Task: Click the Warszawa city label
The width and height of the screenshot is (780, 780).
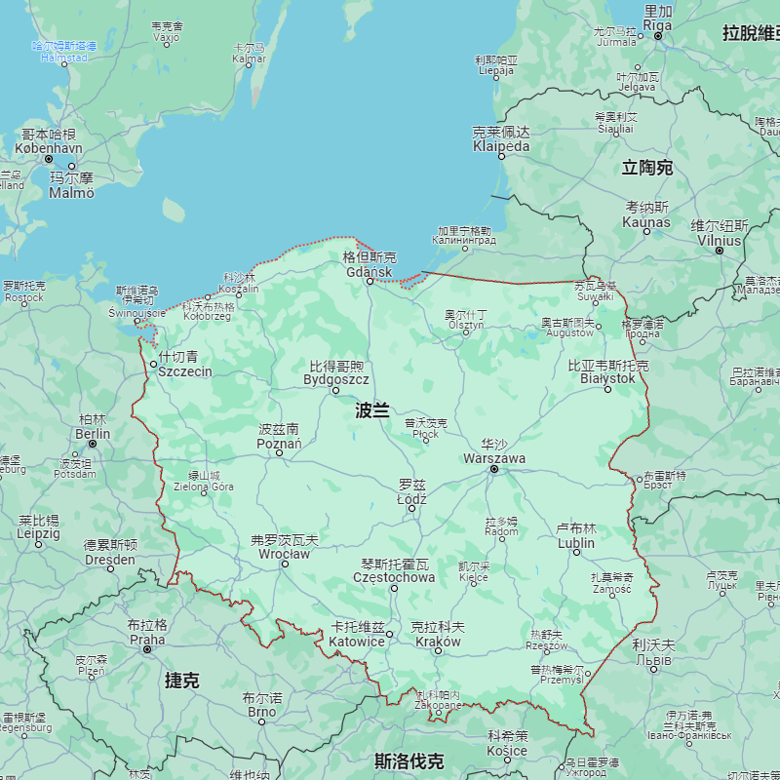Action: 494,458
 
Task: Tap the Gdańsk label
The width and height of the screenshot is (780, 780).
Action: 370,271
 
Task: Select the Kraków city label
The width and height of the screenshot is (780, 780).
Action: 438,642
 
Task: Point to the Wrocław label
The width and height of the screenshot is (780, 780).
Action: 283,554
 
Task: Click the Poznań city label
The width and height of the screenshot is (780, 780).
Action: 279,444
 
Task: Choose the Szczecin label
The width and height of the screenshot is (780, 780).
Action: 184,371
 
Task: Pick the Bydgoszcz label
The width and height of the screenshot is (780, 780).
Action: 336,379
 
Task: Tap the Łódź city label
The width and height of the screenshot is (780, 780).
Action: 411,498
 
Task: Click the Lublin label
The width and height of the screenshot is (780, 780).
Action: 576,543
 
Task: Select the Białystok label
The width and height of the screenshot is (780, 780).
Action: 607,378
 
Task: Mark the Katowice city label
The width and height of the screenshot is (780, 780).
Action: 357,642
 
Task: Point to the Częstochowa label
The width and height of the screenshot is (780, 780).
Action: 394,577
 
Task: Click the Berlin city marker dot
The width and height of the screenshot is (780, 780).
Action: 93,444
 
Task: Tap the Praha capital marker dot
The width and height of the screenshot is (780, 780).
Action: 147,648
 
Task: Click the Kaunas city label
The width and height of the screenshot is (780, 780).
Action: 647,221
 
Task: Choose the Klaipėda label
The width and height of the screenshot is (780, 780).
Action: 501,146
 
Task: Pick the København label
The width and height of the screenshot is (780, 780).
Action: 49,148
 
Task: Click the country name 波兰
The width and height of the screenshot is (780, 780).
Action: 372,410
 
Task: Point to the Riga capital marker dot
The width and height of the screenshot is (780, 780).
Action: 658,36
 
